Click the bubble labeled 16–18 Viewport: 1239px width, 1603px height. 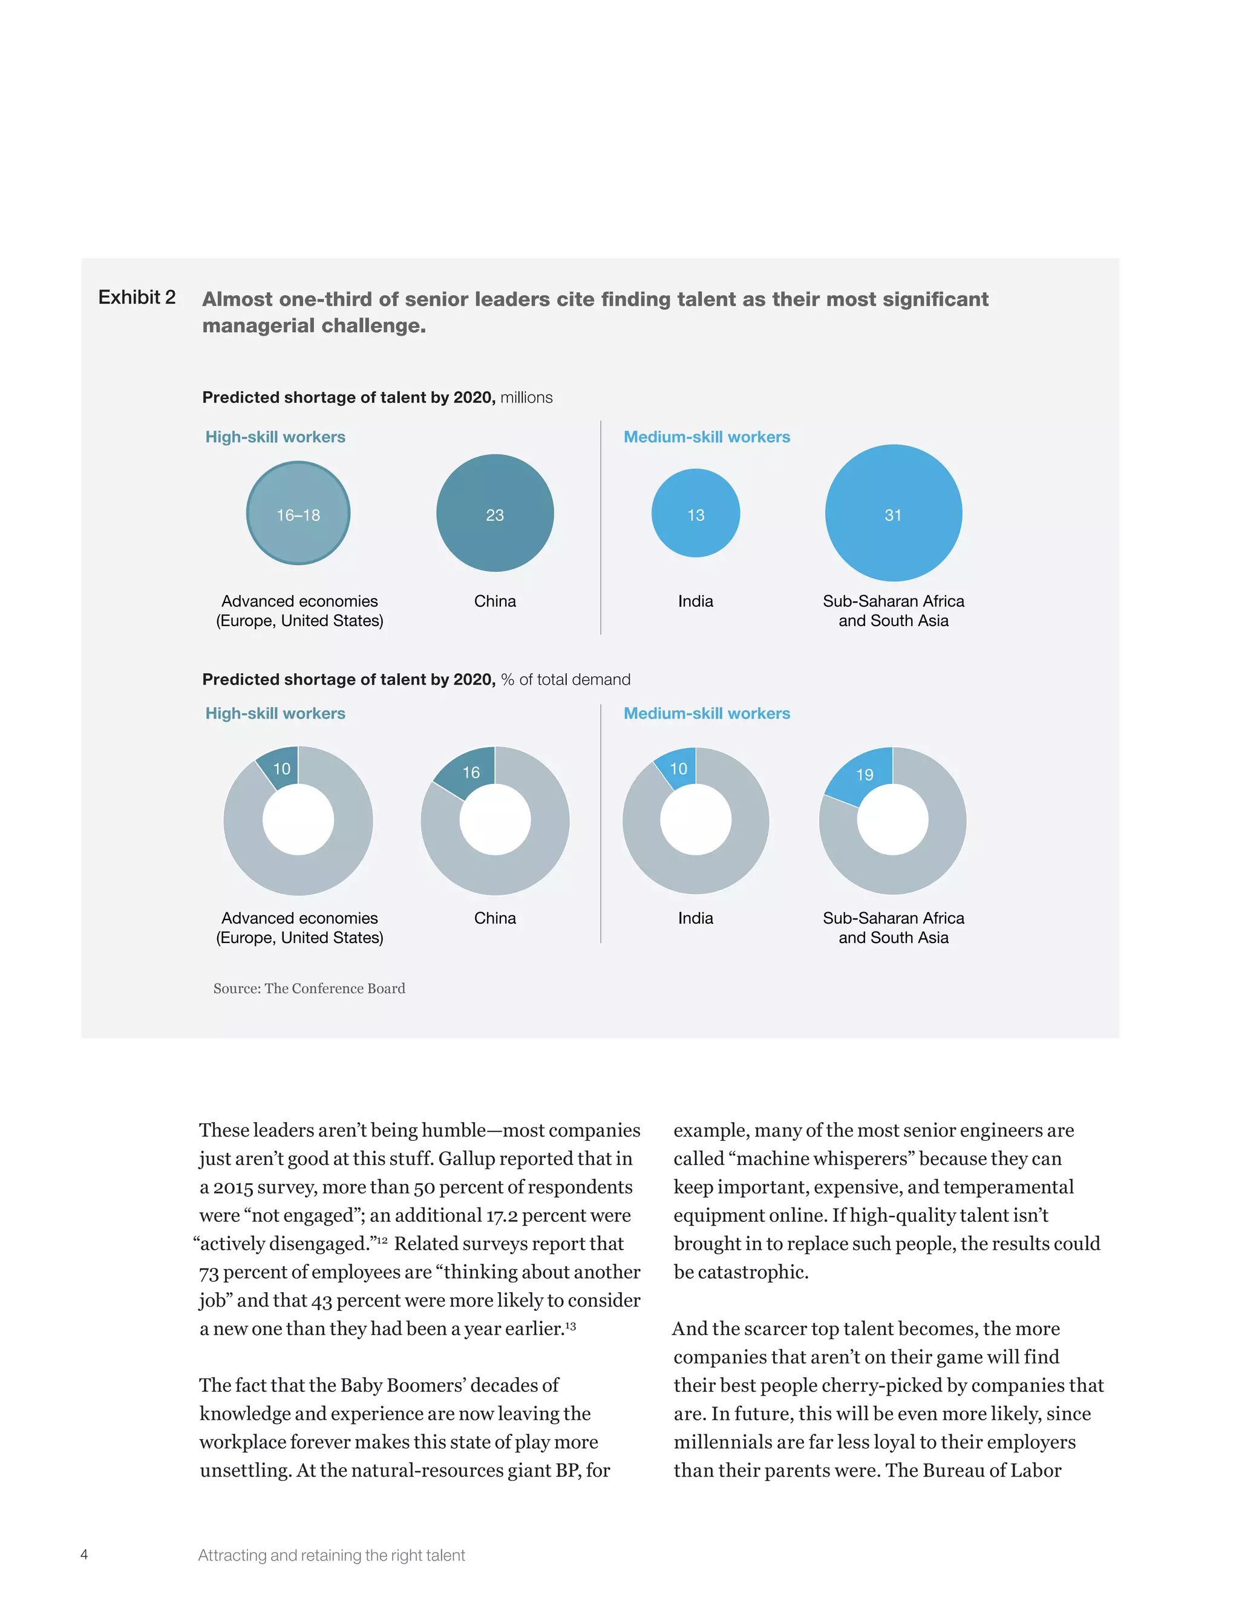click(298, 513)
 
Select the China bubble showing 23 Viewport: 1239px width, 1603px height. click(495, 513)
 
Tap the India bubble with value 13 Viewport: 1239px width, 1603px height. click(695, 513)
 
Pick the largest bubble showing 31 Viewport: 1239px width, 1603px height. click(892, 513)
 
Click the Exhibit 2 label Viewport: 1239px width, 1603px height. click(137, 297)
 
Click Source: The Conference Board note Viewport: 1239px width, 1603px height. click(309, 988)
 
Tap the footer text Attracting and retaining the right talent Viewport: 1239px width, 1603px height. click(331, 1555)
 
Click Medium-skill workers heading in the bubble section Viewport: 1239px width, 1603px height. click(706, 437)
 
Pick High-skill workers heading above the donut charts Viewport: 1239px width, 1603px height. click(275, 713)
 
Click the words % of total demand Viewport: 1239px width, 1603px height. click(565, 680)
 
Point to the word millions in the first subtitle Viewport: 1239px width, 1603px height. click(526, 398)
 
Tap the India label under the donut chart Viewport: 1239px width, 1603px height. click(695, 918)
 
